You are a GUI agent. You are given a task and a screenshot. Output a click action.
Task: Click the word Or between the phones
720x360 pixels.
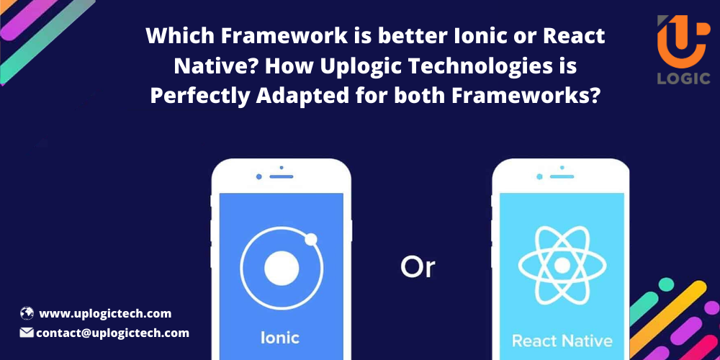[x=418, y=267]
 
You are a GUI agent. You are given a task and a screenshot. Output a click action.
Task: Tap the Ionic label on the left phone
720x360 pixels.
[x=280, y=337]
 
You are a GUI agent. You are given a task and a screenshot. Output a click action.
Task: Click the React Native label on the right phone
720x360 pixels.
[x=562, y=340]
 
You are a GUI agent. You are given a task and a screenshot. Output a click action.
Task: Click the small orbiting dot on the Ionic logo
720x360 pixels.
[x=311, y=239]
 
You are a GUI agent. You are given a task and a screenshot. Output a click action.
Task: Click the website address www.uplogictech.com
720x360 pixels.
[x=105, y=313]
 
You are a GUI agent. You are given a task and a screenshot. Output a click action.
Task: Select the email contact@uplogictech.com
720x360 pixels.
[x=112, y=333]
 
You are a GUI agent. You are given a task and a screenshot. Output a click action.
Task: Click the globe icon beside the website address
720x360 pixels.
[x=27, y=313]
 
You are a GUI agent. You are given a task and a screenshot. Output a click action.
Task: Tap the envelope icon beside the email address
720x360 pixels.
[x=27, y=333]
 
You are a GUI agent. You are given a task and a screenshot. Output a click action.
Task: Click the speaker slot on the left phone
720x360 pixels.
[x=282, y=176]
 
